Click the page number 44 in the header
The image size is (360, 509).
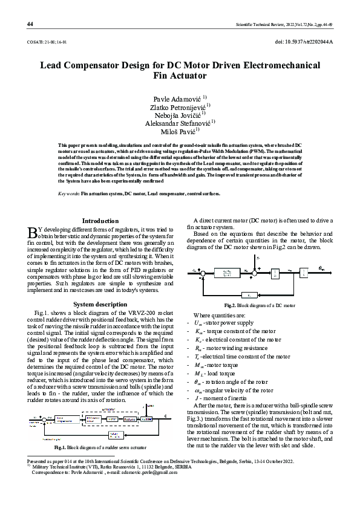[x=30, y=24]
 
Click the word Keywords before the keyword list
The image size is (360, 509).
[x=68, y=193]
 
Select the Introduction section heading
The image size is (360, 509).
[x=100, y=221]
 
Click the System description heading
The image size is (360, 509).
[x=100, y=303]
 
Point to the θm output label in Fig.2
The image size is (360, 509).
[x=321, y=268]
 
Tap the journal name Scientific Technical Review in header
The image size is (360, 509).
[x=261, y=24]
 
